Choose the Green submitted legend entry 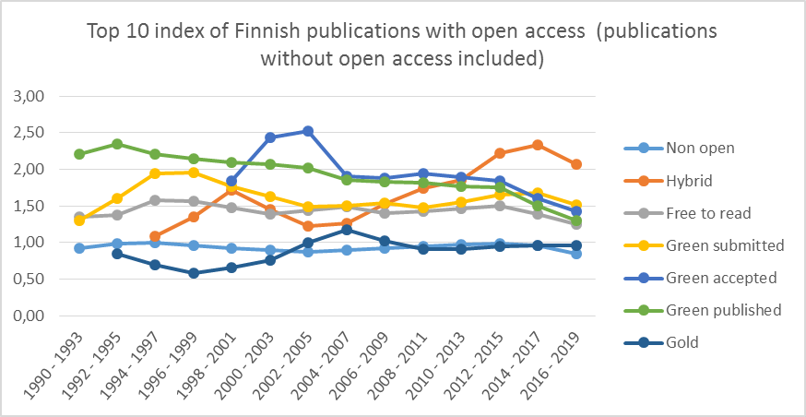(723, 244)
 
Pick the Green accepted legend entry (720, 277)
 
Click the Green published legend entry (722, 310)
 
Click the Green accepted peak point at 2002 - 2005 (308, 131)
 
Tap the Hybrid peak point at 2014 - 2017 (538, 145)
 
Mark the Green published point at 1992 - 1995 (117, 144)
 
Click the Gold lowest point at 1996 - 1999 (194, 273)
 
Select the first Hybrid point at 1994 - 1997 (155, 237)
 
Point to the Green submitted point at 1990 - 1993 (79, 220)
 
